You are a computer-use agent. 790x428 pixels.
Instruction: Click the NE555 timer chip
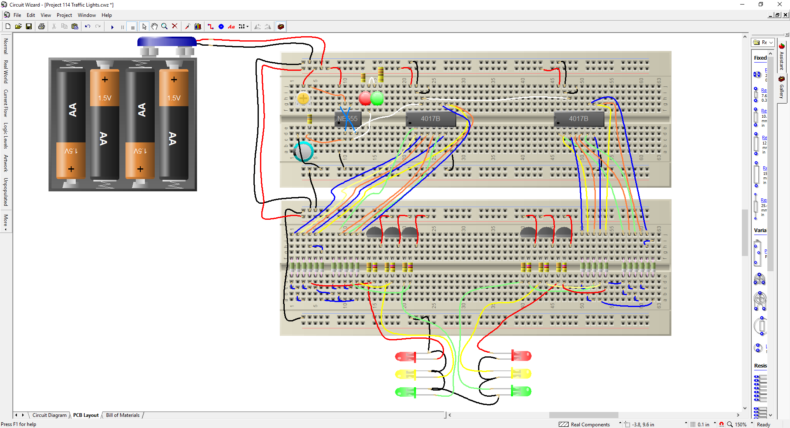[348, 119]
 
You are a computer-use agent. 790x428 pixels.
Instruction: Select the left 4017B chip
[430, 119]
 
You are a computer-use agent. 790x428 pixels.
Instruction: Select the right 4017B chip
[579, 119]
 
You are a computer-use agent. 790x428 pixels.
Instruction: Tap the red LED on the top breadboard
[365, 98]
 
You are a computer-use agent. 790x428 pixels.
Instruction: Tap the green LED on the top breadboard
[377, 98]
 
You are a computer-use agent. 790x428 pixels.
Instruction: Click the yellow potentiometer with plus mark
[303, 98]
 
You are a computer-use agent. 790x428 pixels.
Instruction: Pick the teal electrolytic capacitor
[304, 151]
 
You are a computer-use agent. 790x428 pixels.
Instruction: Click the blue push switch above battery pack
[167, 42]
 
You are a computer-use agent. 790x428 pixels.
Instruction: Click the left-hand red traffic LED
[405, 357]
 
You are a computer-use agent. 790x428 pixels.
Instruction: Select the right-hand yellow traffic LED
[521, 374]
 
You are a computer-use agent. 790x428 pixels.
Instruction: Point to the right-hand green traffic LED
[521, 391]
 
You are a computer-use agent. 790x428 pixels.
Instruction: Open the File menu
[17, 15]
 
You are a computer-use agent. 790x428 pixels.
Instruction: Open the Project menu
[64, 15]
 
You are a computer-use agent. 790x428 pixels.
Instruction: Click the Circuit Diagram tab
[49, 415]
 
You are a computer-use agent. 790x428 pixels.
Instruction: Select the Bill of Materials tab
[123, 415]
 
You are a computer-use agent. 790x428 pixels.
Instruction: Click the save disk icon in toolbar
[29, 26]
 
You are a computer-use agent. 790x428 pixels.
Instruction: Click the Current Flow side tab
[6, 103]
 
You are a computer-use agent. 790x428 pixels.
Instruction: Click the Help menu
[107, 15]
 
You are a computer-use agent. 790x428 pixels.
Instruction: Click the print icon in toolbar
[42, 26]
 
